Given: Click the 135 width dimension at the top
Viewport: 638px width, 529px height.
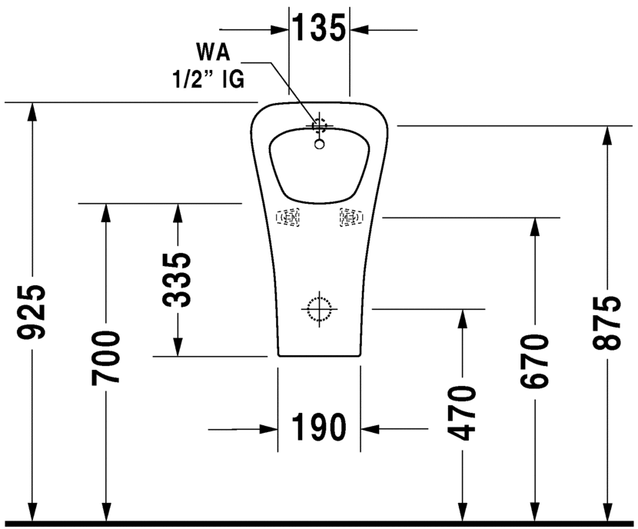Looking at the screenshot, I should [x=319, y=29].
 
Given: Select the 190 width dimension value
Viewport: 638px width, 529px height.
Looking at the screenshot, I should [x=318, y=428].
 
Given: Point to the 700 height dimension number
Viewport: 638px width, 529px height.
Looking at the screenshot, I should [x=105, y=357].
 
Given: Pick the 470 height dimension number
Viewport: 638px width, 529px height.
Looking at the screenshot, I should [x=463, y=414].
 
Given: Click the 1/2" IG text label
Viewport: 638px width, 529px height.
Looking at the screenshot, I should [x=207, y=78].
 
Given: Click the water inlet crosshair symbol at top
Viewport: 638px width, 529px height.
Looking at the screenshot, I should [x=319, y=125].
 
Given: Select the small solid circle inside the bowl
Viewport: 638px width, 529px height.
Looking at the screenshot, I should [x=320, y=142].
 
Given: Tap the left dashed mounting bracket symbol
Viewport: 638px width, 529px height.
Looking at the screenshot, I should [x=289, y=218].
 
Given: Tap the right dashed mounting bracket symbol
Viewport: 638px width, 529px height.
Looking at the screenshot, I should [x=350, y=218].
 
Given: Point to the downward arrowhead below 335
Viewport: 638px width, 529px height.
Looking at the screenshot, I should [x=178, y=347].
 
